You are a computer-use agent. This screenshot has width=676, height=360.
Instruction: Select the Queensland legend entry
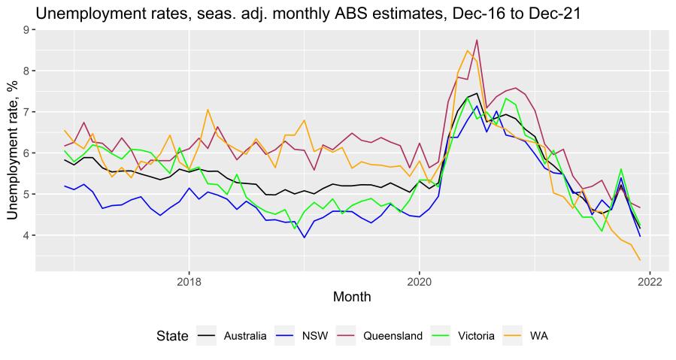tap(377, 336)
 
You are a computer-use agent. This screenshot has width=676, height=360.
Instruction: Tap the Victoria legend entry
tap(458, 336)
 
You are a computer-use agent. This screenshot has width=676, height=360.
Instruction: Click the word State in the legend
tap(172, 336)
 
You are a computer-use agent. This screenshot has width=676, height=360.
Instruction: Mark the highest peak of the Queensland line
tap(477, 40)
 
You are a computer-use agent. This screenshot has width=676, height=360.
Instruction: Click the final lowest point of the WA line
tap(639, 260)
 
